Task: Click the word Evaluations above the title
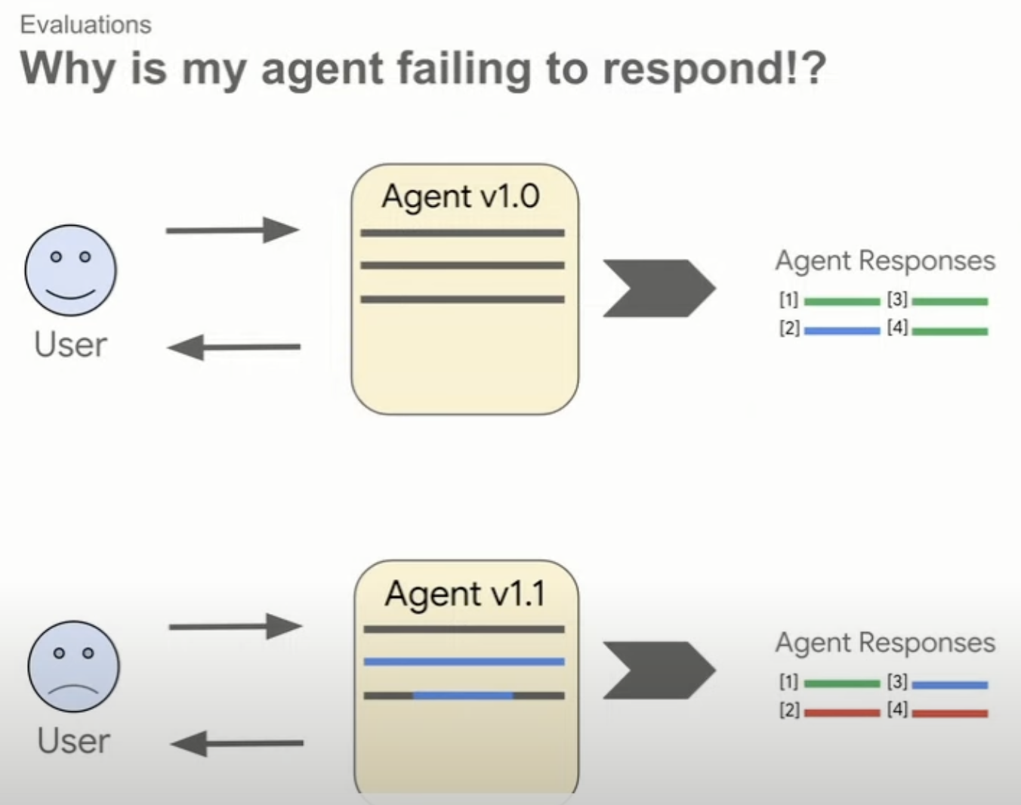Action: tap(85, 25)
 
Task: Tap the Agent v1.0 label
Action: tap(461, 196)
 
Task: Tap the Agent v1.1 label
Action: tap(464, 594)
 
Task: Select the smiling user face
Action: tap(70, 270)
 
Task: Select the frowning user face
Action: tap(73, 666)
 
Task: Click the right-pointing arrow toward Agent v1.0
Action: tap(233, 230)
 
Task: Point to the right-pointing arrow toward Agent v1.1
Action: tap(236, 626)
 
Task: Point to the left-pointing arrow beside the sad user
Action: tap(236, 743)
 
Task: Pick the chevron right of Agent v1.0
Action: tap(658, 288)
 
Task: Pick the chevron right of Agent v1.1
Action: tap(658, 670)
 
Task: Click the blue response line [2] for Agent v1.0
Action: tap(841, 331)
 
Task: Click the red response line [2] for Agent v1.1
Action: tap(841, 712)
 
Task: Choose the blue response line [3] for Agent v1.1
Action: tap(949, 685)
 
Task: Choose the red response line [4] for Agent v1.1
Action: tap(949, 712)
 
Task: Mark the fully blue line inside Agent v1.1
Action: tap(464, 662)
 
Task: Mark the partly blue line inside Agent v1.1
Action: tap(463, 696)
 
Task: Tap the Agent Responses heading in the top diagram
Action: tap(885, 261)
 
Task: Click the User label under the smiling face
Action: tap(70, 344)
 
